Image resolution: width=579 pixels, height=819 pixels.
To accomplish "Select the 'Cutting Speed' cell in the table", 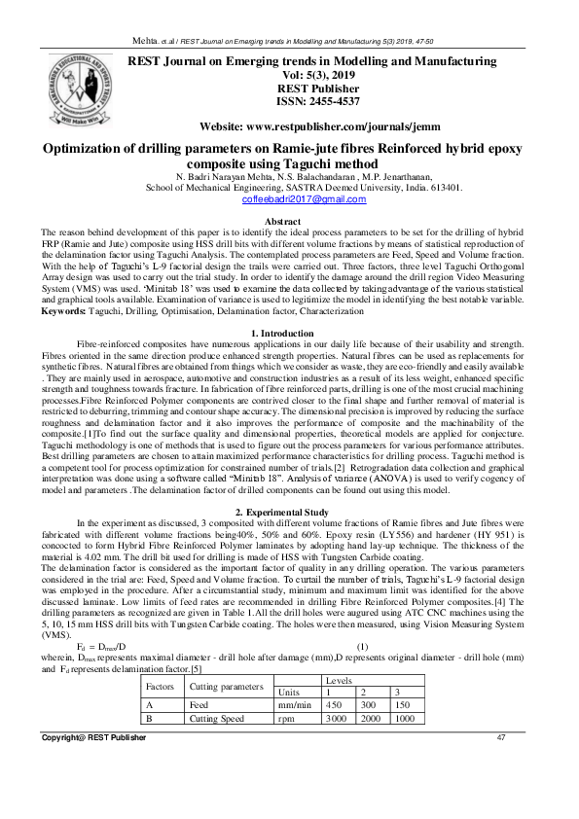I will tap(217, 720).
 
